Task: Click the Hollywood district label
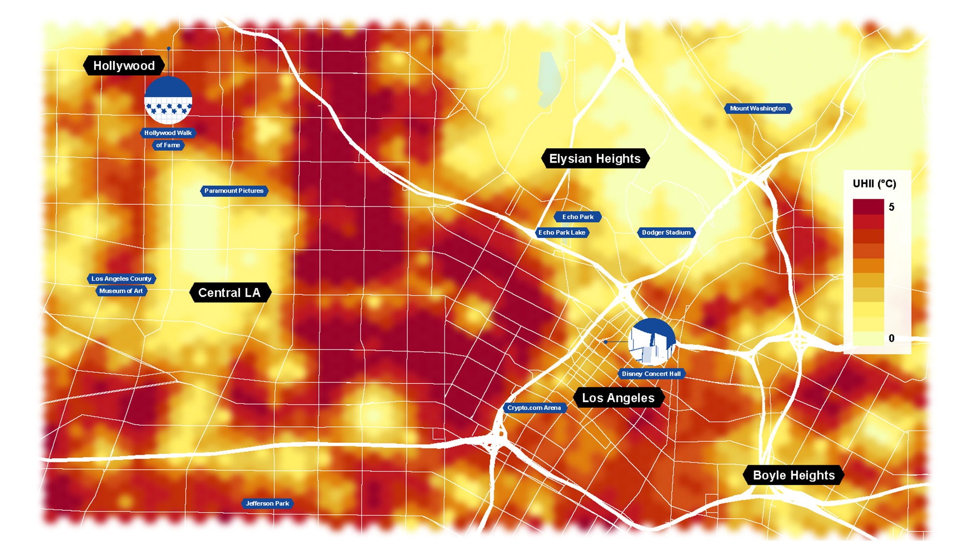pyautogui.click(x=123, y=66)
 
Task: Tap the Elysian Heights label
pyautogui.click(x=595, y=159)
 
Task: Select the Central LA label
pyautogui.click(x=229, y=292)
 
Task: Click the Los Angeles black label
pyautogui.click(x=618, y=398)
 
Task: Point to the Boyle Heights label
pyautogui.click(x=793, y=475)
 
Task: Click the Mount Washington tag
pyautogui.click(x=758, y=108)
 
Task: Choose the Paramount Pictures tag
pyautogui.click(x=234, y=191)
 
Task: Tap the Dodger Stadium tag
pyautogui.click(x=666, y=232)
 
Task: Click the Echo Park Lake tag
pyautogui.click(x=562, y=232)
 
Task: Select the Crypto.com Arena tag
pyautogui.click(x=534, y=407)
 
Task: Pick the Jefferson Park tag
pyautogui.click(x=267, y=503)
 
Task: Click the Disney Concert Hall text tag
pyautogui.click(x=651, y=374)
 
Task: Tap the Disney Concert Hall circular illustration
pyautogui.click(x=652, y=342)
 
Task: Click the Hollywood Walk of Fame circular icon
pyautogui.click(x=168, y=100)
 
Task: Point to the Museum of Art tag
pyautogui.click(x=121, y=291)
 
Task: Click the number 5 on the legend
pyautogui.click(x=891, y=207)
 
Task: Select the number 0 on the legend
pyautogui.click(x=891, y=338)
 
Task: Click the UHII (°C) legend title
pyautogui.click(x=874, y=184)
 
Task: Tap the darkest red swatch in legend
pyautogui.click(x=868, y=206)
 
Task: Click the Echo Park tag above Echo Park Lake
pyautogui.click(x=578, y=216)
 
